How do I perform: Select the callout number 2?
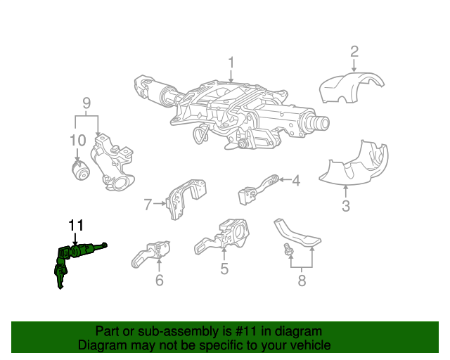(354, 51)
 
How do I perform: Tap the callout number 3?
(346, 206)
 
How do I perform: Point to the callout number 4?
(296, 181)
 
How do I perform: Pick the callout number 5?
(224, 269)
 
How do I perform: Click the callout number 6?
(160, 280)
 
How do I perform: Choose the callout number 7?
(148, 205)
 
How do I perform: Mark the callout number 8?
(302, 280)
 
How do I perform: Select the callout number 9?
(86, 103)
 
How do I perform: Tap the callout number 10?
(78, 141)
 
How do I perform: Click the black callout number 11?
(76, 226)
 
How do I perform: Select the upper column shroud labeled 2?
(352, 87)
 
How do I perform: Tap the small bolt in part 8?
(288, 249)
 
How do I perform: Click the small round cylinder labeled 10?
(80, 171)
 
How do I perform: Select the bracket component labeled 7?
(186, 199)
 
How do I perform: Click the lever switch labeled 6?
(150, 254)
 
